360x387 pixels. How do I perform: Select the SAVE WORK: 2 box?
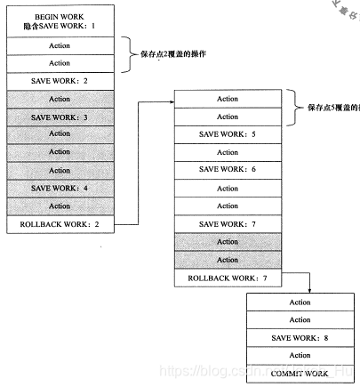click(x=60, y=81)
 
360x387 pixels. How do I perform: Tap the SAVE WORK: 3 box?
click(x=60, y=117)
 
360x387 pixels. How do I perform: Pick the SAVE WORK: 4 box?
click(x=60, y=188)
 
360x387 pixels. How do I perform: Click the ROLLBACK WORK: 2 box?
click(x=60, y=224)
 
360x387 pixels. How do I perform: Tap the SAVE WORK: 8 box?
click(x=300, y=338)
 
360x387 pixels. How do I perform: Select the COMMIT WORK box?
click(x=300, y=374)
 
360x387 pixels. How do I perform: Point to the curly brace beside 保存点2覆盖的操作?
click(x=130, y=54)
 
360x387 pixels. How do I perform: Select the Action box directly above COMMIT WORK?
click(x=300, y=356)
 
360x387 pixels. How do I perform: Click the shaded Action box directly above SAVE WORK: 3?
click(x=60, y=99)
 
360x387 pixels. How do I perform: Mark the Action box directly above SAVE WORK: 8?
click(x=300, y=320)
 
